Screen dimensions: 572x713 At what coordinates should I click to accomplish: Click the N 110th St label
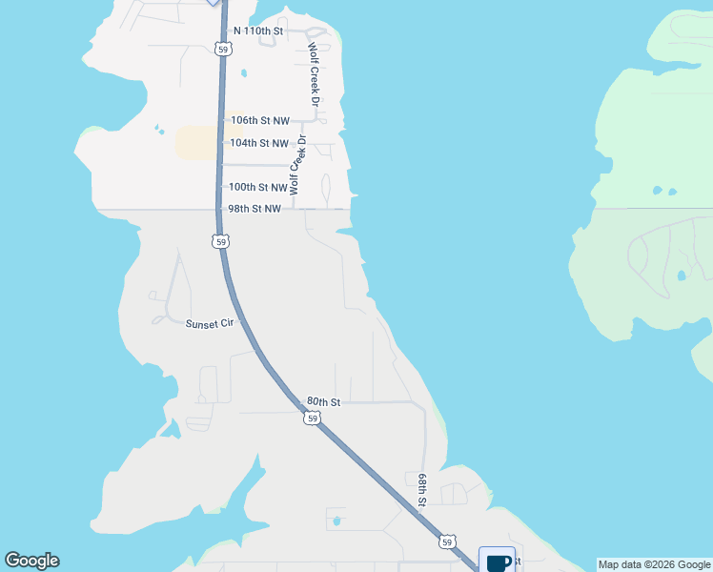pos(253,31)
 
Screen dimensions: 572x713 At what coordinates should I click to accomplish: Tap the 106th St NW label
pos(259,121)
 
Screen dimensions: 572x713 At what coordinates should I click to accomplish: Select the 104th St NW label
pos(259,143)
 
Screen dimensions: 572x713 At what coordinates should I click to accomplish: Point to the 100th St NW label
pos(257,188)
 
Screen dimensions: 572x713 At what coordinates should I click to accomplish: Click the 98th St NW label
pos(254,209)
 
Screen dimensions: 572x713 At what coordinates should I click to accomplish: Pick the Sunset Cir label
pos(210,324)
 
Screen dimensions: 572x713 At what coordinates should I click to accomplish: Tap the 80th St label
pos(324,402)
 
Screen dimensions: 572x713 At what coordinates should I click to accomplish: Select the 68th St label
pos(422,487)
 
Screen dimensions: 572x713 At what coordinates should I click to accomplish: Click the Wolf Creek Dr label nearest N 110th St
pos(314,72)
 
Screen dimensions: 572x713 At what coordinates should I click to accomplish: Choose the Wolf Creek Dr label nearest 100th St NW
pos(298,165)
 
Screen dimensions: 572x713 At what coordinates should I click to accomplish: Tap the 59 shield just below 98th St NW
pos(220,242)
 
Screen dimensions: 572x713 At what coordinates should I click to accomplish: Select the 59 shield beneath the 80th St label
pos(312,419)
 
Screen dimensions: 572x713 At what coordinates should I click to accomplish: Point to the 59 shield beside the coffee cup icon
pos(447,541)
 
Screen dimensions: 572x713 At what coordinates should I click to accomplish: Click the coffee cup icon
pos(497,562)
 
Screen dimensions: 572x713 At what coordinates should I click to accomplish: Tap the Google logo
pos(31,561)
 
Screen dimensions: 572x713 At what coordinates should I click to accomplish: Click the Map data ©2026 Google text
pos(654,564)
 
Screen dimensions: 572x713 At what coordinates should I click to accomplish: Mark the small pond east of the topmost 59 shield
pos(245,72)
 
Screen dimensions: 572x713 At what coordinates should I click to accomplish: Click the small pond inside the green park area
pos(681,276)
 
